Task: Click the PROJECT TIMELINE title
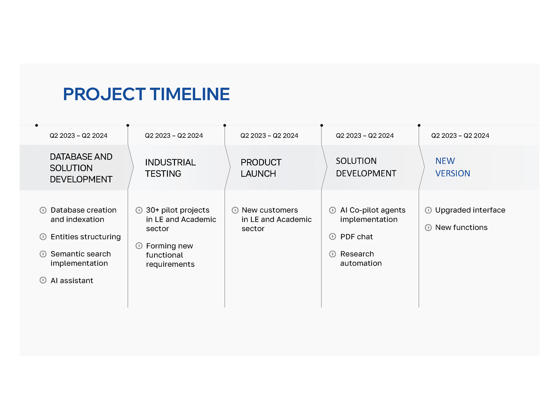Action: tap(146, 94)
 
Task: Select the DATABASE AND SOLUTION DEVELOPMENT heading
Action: tap(81, 168)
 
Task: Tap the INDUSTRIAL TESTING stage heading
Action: tap(170, 168)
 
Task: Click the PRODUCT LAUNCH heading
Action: tap(261, 168)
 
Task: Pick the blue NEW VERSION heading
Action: tap(452, 167)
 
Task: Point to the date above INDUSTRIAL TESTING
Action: tap(174, 135)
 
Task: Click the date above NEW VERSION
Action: tap(460, 135)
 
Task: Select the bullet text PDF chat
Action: tap(356, 237)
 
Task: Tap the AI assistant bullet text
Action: tap(72, 281)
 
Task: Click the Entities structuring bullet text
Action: tap(86, 237)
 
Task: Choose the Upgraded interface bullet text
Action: tap(470, 210)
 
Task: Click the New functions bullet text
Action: tap(461, 228)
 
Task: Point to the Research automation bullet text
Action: tap(361, 258)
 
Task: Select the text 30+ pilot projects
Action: tap(177, 210)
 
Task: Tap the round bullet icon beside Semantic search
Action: tap(43, 254)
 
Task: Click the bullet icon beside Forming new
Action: tap(139, 246)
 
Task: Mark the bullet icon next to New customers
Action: tap(235, 210)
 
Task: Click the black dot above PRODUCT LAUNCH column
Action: tap(225, 125)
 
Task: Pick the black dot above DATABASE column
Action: tap(37, 125)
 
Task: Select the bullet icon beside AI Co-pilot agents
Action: tap(333, 210)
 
